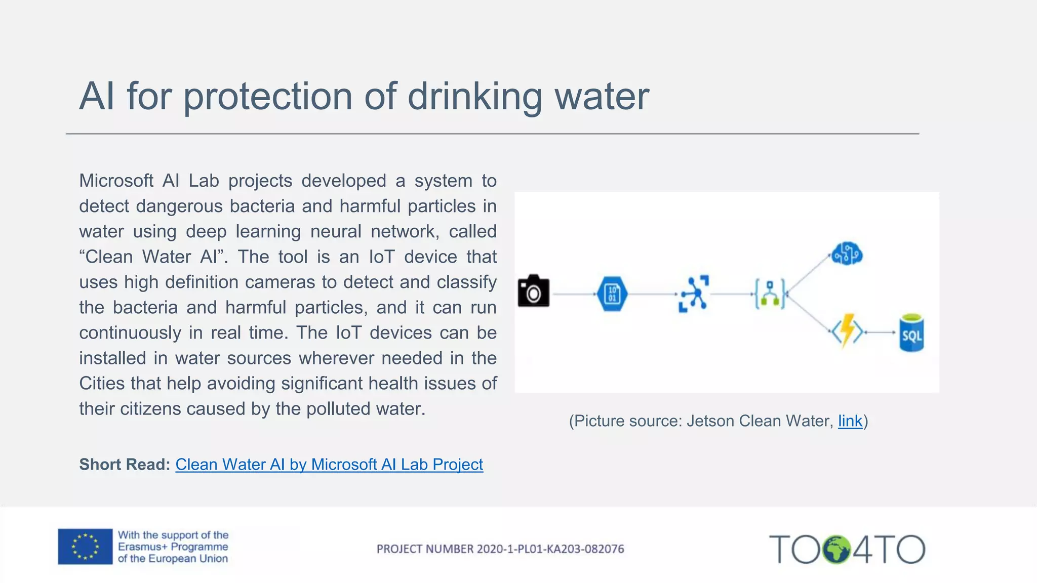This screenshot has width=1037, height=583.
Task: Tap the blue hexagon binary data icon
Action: (612, 294)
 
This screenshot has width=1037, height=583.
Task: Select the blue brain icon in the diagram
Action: (847, 253)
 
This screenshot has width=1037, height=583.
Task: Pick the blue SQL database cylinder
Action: (911, 333)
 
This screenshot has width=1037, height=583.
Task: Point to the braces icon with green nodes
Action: (770, 294)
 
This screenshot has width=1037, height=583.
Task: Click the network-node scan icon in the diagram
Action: (693, 294)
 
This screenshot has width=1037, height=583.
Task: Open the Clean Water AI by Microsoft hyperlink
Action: (329, 464)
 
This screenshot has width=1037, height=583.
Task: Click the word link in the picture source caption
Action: (850, 421)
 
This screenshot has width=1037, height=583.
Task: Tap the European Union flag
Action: (85, 547)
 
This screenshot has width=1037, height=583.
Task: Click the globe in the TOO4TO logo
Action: (836, 549)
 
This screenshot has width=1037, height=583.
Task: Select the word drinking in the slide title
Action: (474, 96)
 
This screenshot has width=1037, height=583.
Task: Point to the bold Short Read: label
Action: (125, 464)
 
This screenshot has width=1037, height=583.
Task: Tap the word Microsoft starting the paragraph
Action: (116, 181)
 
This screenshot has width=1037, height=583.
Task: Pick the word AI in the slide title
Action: (97, 96)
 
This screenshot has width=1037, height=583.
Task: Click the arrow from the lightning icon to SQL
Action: (881, 332)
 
